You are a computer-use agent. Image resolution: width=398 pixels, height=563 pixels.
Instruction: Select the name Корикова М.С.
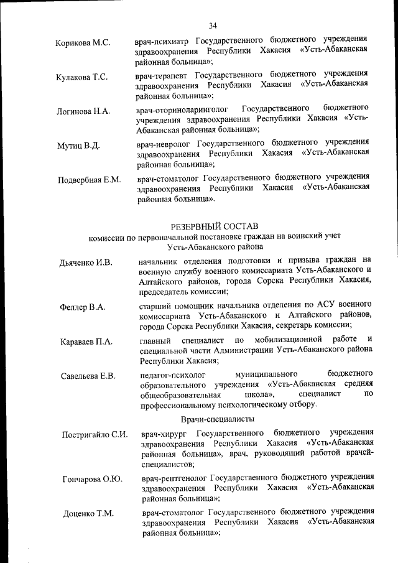tap(83, 43)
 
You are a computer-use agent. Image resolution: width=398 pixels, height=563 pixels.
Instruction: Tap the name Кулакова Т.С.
tap(82, 77)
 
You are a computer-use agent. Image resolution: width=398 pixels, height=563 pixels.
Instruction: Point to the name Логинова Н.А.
tap(84, 111)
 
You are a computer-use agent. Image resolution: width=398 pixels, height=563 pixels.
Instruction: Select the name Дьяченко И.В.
tap(86, 263)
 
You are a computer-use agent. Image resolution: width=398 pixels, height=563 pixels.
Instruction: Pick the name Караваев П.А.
tap(86, 342)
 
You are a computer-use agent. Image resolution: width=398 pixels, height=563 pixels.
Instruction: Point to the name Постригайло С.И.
tap(95, 434)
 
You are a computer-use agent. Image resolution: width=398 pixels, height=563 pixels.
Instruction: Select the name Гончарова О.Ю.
tap(92, 479)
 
